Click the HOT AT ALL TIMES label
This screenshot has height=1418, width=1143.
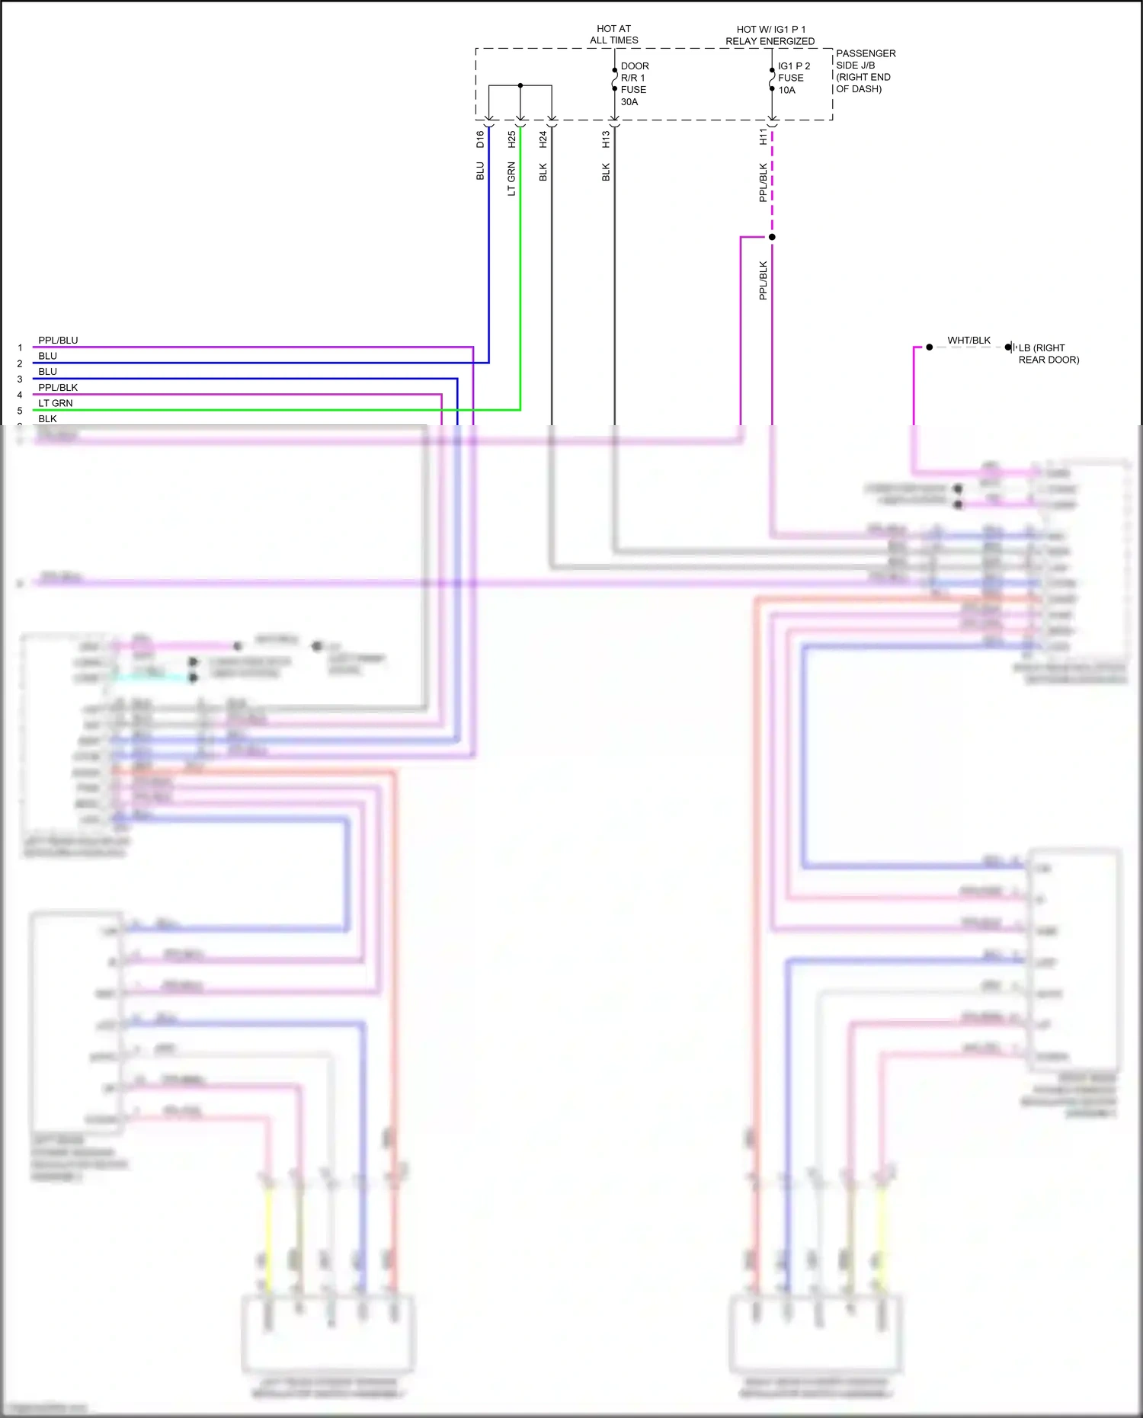pyautogui.click(x=613, y=34)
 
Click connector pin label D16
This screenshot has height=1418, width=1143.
pyautogui.click(x=480, y=139)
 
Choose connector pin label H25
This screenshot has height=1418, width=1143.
pyautogui.click(x=512, y=139)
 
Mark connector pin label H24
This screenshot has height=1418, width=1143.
pyautogui.click(x=543, y=139)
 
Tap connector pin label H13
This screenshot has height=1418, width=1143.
pyautogui.click(x=606, y=139)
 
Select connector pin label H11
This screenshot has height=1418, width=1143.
pyautogui.click(x=763, y=137)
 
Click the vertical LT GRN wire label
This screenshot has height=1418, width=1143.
pyautogui.click(x=512, y=179)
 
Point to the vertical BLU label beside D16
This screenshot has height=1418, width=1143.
pyautogui.click(x=480, y=171)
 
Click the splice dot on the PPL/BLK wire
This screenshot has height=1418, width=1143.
pyautogui.click(x=772, y=237)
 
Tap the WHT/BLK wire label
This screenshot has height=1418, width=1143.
pyautogui.click(x=969, y=341)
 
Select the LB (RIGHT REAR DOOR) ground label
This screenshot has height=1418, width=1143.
pyautogui.click(x=1049, y=354)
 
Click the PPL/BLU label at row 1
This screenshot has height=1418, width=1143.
pyautogui.click(x=58, y=341)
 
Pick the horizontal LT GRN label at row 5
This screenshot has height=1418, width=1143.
pyautogui.click(x=56, y=403)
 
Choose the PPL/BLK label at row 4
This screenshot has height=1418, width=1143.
pyautogui.click(x=58, y=388)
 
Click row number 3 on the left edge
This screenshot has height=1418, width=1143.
pyautogui.click(x=20, y=379)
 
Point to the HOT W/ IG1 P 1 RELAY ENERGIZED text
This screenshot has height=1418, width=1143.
pyautogui.click(x=770, y=35)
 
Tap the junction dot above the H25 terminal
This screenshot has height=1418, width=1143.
pyautogui.click(x=520, y=85)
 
